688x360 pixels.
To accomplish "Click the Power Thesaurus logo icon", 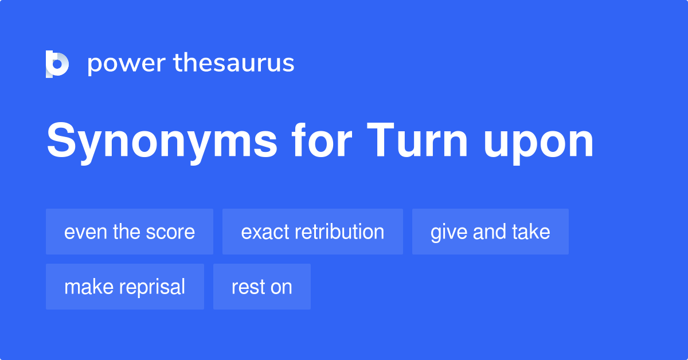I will pyautogui.click(x=57, y=64).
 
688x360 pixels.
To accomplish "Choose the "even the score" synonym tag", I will pyautogui.click(x=130, y=232).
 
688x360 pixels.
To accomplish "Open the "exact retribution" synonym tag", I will pyautogui.click(x=312, y=232).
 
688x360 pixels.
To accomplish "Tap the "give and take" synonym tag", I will pyautogui.click(x=490, y=232).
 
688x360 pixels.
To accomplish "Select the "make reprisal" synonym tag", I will pyautogui.click(x=125, y=287).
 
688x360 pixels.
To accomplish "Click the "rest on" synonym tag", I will pyautogui.click(x=262, y=287).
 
